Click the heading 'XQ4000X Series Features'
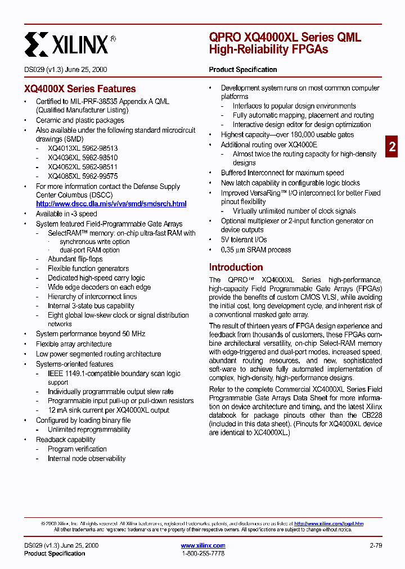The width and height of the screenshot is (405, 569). tap(80, 89)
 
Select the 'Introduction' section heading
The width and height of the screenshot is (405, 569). tap(236, 267)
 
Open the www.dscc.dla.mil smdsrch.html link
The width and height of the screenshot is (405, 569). tap(111, 204)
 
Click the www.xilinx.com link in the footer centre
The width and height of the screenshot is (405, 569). tap(203, 545)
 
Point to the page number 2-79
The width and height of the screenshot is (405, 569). tap(376, 545)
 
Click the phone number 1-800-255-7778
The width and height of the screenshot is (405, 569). tap(203, 554)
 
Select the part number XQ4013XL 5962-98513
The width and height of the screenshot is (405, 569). tap(83, 148)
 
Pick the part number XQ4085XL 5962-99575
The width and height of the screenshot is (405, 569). tap(83, 176)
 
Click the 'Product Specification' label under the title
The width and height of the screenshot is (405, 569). tap(243, 70)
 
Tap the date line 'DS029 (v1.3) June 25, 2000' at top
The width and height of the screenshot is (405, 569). tap(66, 70)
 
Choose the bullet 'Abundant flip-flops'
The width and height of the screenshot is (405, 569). tap(75, 259)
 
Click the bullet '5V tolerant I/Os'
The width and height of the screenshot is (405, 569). tap(244, 240)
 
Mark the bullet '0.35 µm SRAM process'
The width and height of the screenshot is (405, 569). tap(255, 250)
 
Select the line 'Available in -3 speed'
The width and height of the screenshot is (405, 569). tap(66, 214)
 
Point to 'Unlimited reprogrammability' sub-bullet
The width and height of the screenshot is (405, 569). tap(89, 430)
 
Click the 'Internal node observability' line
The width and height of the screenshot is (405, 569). tap(86, 458)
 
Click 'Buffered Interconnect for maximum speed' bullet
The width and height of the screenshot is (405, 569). tap(282, 173)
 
